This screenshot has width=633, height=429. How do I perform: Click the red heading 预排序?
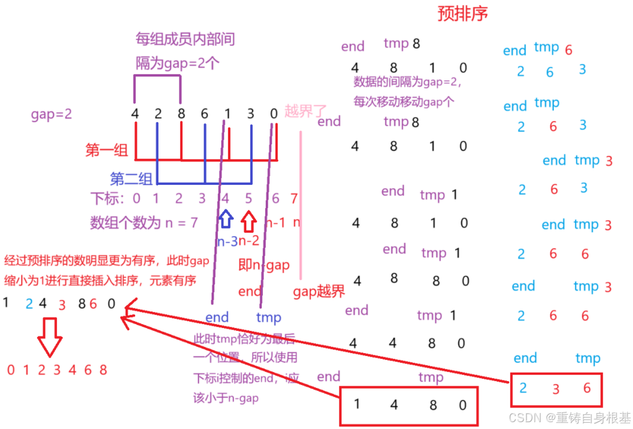point(462,14)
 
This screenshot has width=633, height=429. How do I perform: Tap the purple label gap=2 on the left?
point(51,114)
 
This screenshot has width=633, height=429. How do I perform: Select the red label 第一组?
point(107,150)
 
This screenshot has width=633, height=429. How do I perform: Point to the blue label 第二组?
point(132,179)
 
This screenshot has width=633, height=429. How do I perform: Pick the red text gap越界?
point(319,292)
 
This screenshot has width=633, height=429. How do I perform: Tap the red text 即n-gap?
point(264,265)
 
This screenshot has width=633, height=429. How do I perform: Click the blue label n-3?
point(226,241)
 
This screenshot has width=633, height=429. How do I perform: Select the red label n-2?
point(249,241)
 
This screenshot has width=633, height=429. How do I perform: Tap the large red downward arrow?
point(50,337)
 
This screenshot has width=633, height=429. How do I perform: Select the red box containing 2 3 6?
point(556,390)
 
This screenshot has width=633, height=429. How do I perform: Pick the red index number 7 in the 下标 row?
point(294,199)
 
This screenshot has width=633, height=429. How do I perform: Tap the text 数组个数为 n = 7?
point(144,222)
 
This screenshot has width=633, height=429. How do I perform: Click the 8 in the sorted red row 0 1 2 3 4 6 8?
point(103,370)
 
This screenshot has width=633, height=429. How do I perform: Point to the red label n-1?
point(275,222)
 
